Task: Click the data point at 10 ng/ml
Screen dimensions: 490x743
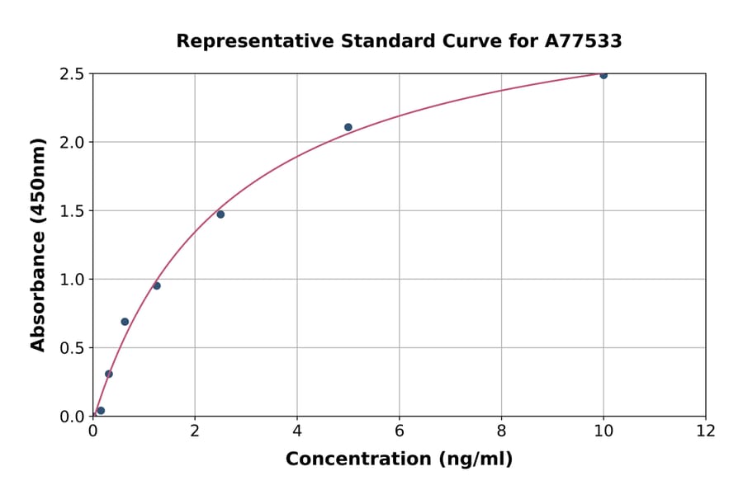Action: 603,75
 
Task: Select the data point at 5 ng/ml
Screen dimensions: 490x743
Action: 348,127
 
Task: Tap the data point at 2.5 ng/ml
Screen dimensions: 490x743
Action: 220,214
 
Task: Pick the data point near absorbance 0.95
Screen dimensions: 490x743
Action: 157,286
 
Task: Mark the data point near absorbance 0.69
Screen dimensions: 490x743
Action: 125,322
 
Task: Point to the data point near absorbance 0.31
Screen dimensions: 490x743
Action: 109,374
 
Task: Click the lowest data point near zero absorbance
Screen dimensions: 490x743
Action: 101,411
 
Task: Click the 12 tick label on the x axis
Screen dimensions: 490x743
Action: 706,431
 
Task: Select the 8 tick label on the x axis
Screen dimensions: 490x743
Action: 501,431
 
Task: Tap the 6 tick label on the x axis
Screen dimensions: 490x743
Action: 400,431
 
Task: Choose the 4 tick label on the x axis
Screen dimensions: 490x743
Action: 297,431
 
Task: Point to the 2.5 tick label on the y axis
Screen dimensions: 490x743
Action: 73,74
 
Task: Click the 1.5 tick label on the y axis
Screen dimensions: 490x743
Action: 73,211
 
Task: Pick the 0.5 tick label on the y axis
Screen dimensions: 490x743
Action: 73,348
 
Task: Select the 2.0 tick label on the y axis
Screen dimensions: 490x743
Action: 73,143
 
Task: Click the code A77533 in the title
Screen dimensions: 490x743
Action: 583,41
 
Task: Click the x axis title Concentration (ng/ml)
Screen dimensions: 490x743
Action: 399,459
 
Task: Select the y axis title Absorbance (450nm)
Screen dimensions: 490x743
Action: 39,244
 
